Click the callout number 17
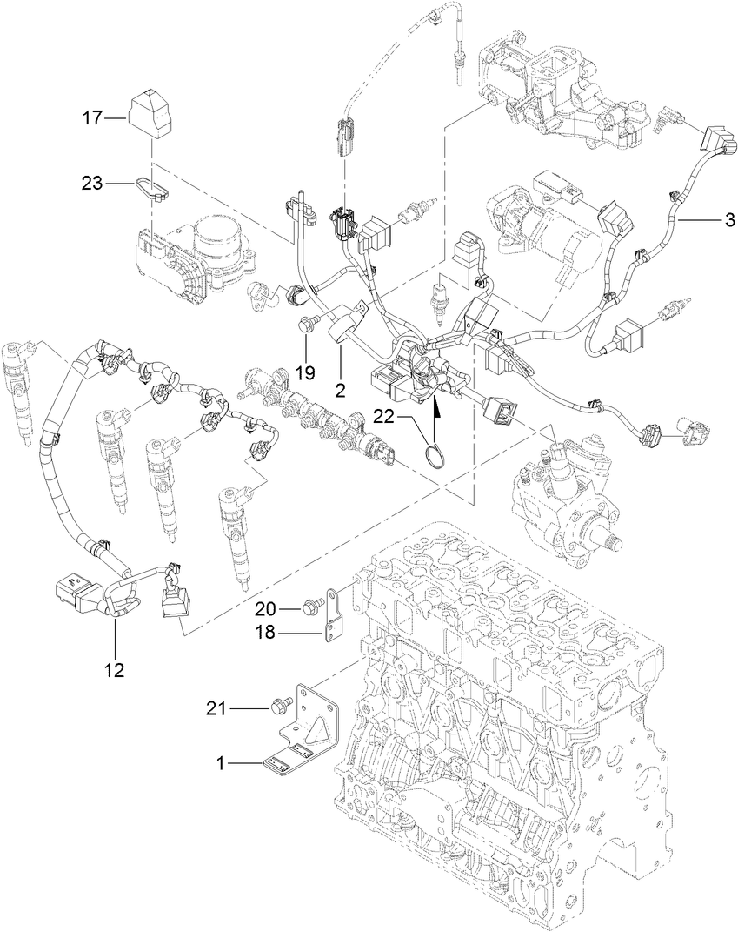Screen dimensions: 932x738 [93, 117]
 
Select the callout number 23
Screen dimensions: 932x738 [93, 184]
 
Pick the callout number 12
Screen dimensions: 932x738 [115, 669]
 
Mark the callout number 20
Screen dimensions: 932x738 [265, 608]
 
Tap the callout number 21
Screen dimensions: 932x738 [217, 709]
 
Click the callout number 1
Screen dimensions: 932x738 [222, 762]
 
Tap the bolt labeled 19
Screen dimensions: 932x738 [304, 325]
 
